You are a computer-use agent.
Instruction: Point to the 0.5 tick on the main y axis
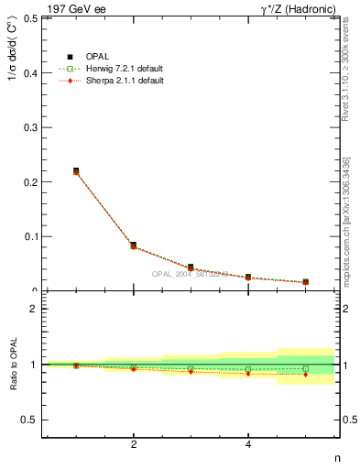(x=29, y=18)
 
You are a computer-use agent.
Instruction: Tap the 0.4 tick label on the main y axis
(x=29, y=72)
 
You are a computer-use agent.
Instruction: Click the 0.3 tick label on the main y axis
(x=29, y=127)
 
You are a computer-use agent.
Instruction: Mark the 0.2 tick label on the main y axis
(x=29, y=181)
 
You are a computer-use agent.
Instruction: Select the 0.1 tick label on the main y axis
(x=29, y=236)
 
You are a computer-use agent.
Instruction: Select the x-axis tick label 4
(x=248, y=445)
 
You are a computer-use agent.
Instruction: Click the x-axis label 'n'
(x=335, y=458)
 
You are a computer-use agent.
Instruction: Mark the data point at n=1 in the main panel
(x=76, y=171)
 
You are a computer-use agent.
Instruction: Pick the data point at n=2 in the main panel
(x=134, y=245)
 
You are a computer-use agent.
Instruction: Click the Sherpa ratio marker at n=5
(x=305, y=375)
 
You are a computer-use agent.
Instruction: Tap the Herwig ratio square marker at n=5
(x=305, y=368)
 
